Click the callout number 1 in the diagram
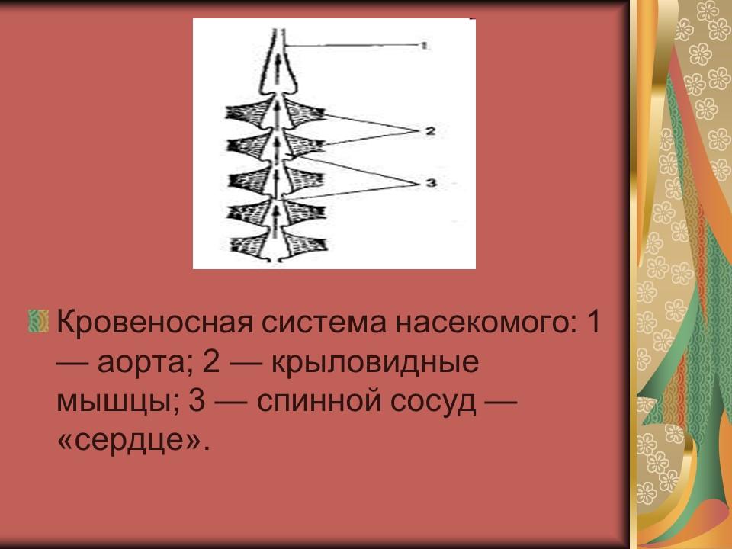(x=425, y=46)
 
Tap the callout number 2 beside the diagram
(x=429, y=131)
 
